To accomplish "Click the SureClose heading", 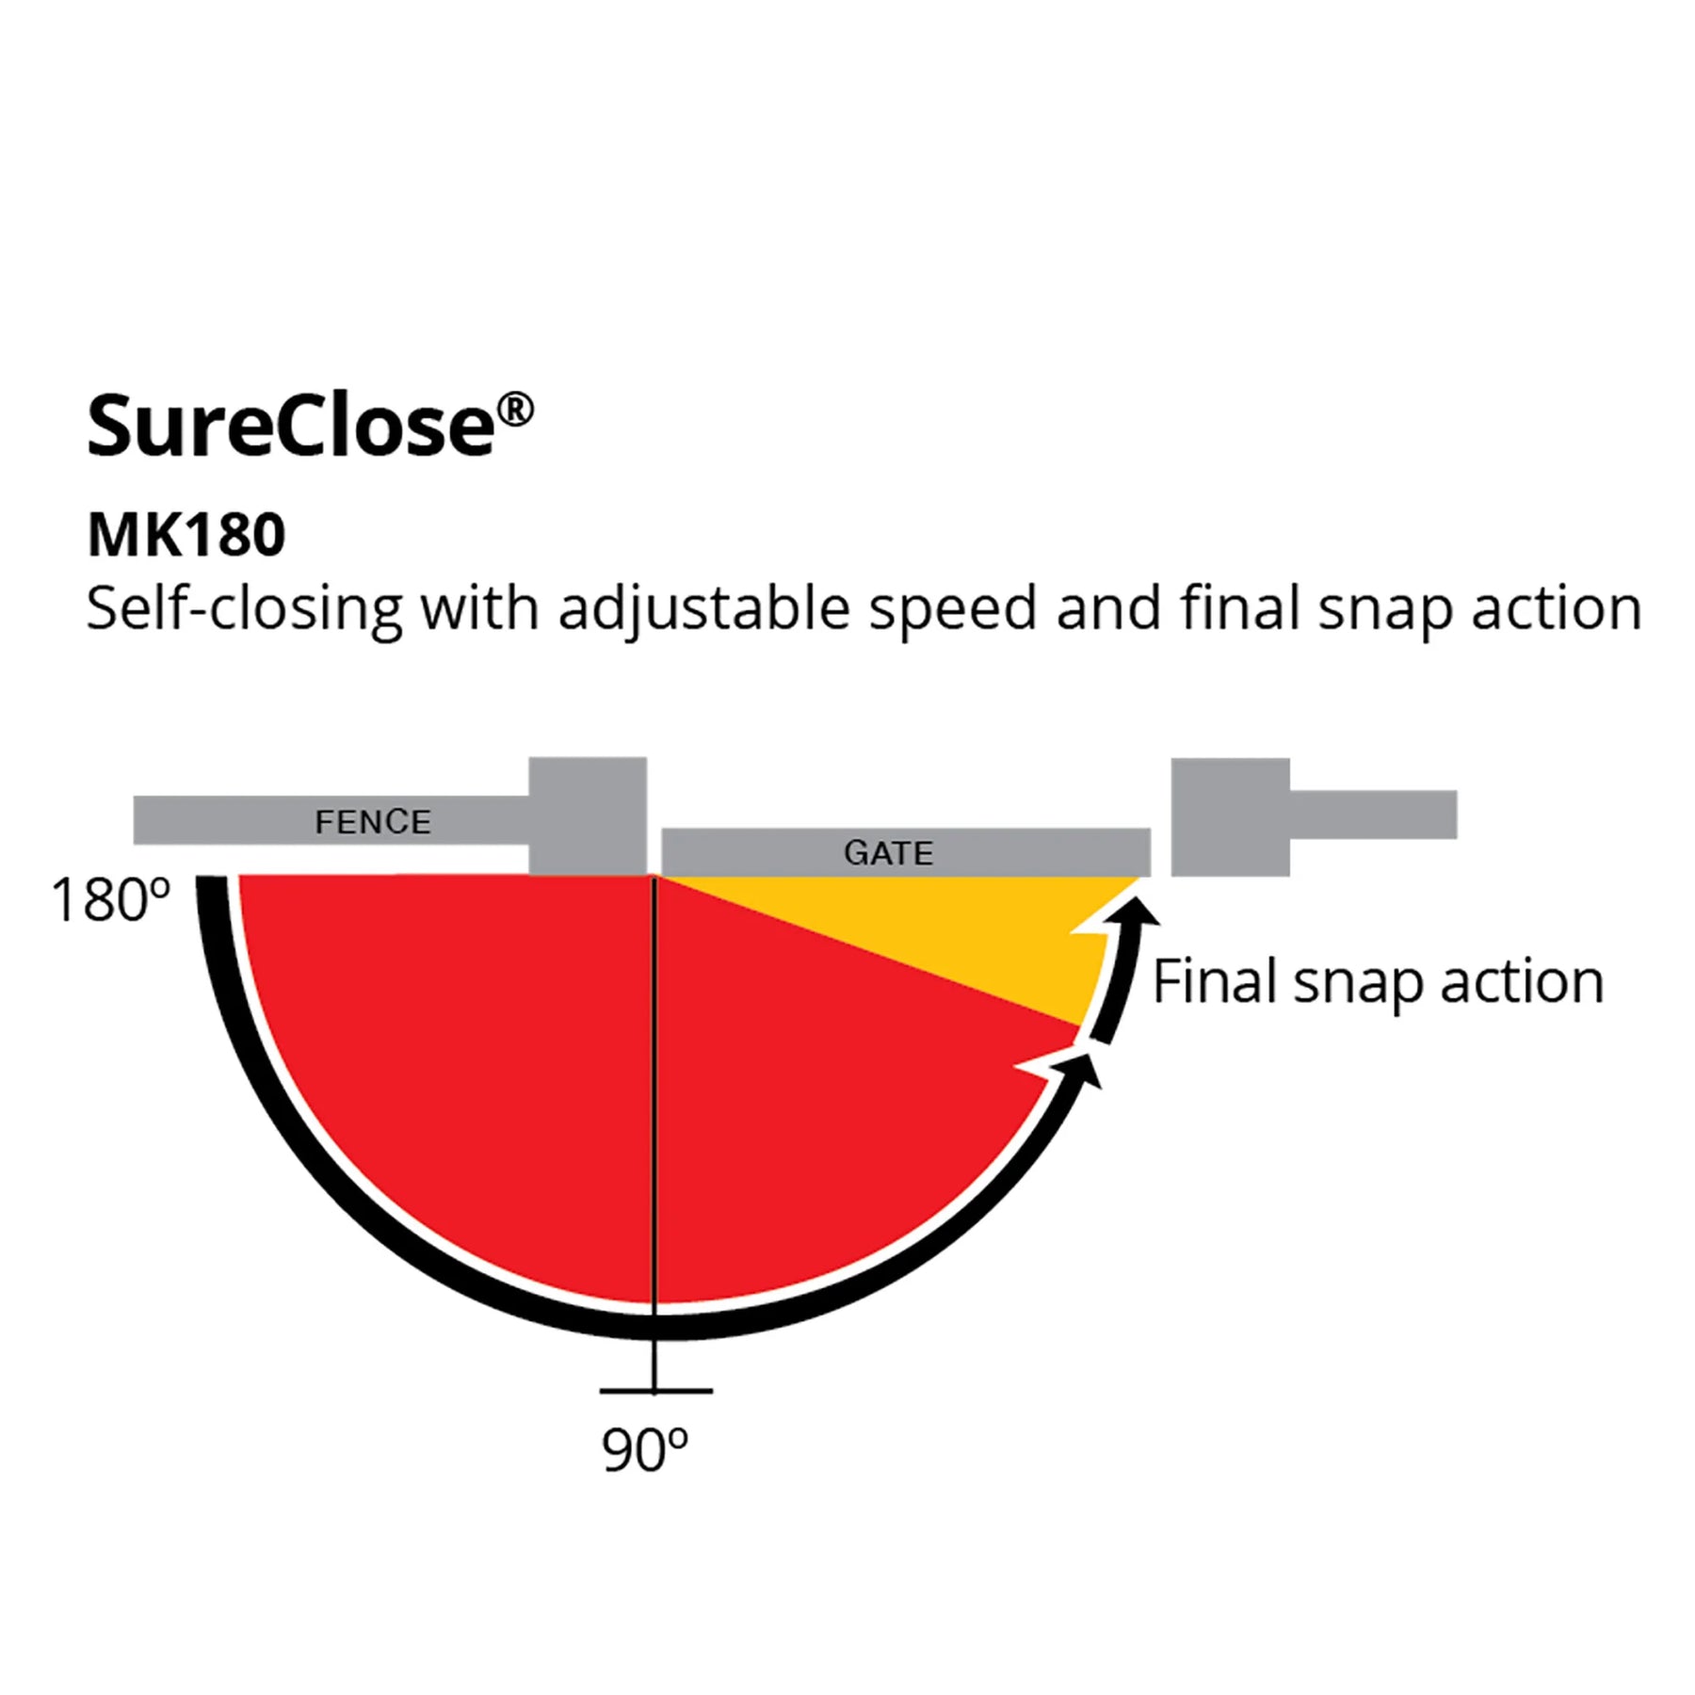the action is pyautogui.click(x=310, y=426).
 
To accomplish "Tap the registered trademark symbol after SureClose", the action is pyautogui.click(x=515, y=410).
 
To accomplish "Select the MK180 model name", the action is pyautogui.click(x=186, y=535).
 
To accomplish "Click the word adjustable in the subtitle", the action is pyautogui.click(x=705, y=609).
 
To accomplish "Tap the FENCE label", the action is pyautogui.click(x=373, y=822).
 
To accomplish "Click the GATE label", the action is pyautogui.click(x=888, y=853).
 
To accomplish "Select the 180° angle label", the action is pyautogui.click(x=111, y=900).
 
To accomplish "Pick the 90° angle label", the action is pyautogui.click(x=645, y=1451).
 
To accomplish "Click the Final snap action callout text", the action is pyautogui.click(x=1378, y=982).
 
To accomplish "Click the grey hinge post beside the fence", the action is pyautogui.click(x=588, y=816).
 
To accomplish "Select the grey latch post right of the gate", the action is pyautogui.click(x=1230, y=816).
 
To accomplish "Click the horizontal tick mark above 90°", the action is pyautogui.click(x=655, y=1390).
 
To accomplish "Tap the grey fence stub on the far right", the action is pyautogui.click(x=1373, y=815).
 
